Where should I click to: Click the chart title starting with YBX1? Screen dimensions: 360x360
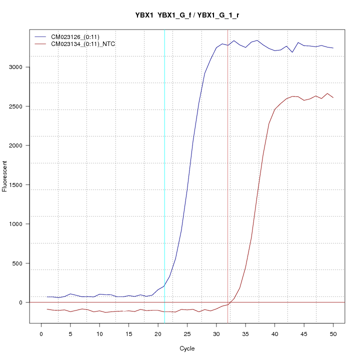[187, 15]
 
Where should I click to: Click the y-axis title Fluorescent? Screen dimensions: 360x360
[5, 176]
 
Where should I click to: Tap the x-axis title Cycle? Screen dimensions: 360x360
[187, 348]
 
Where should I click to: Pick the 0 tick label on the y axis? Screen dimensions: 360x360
[21, 302]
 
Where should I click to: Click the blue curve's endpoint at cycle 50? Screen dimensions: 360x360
[333, 48]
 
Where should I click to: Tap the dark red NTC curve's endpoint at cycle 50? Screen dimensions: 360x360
[333, 97]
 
